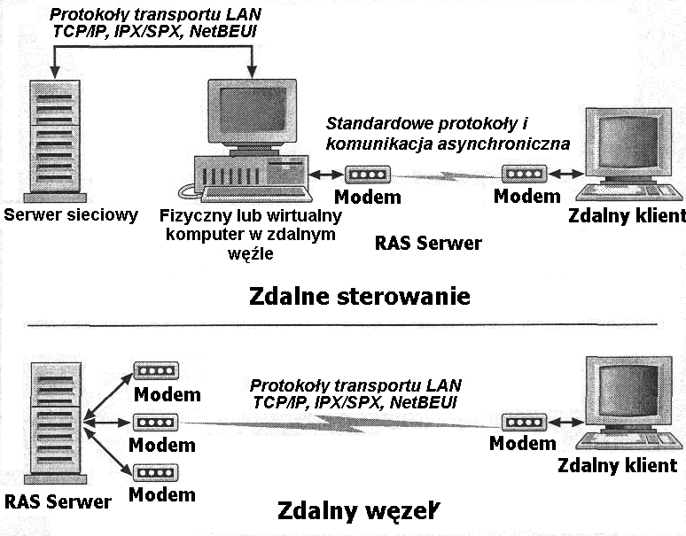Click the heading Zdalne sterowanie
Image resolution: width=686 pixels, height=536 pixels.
360,295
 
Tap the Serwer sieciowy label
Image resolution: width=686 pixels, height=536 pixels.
71,215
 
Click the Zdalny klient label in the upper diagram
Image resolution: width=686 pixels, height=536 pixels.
628,215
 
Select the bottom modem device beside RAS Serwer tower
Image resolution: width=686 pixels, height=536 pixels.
153,471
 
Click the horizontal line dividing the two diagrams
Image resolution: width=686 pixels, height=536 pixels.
343,326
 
